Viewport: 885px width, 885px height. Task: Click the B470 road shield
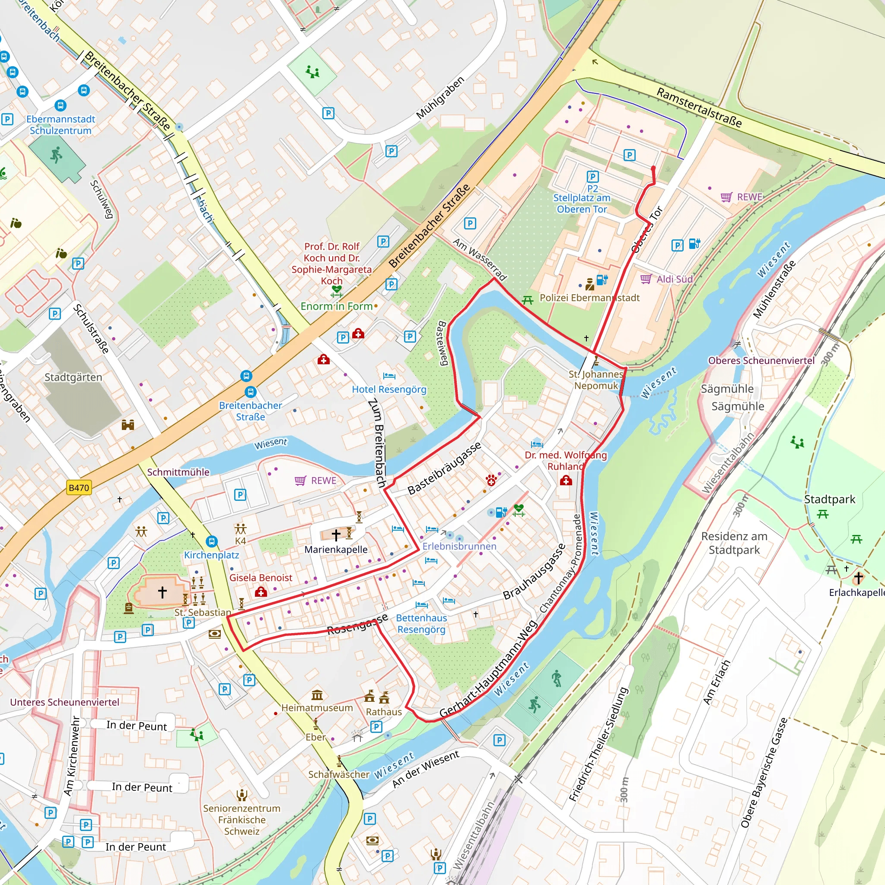tap(79, 488)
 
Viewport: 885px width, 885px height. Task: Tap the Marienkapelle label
tap(336, 550)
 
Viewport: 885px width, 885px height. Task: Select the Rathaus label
tap(383, 712)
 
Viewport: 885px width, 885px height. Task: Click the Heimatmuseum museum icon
tap(317, 695)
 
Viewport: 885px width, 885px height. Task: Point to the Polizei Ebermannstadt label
tap(589, 298)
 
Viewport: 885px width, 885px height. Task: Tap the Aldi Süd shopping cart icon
tap(646, 279)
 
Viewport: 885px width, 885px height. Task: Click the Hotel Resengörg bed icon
tap(389, 376)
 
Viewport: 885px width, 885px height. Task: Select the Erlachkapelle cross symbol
tap(859, 578)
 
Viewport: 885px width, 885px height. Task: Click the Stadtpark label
tap(830, 499)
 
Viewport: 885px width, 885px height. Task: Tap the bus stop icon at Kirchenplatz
tap(211, 542)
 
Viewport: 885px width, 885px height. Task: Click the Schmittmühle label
tap(178, 472)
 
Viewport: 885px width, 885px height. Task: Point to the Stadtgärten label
tap(73, 377)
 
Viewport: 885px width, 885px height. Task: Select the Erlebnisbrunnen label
tap(459, 546)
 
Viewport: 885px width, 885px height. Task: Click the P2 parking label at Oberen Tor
tap(592, 188)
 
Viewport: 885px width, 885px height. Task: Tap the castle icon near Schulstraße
tap(128, 425)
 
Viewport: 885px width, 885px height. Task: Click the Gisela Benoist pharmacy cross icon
tap(261, 592)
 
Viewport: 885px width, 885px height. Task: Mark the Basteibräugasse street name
tap(444, 468)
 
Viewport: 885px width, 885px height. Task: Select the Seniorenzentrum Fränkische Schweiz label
tap(242, 819)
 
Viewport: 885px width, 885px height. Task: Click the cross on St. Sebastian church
tap(162, 592)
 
